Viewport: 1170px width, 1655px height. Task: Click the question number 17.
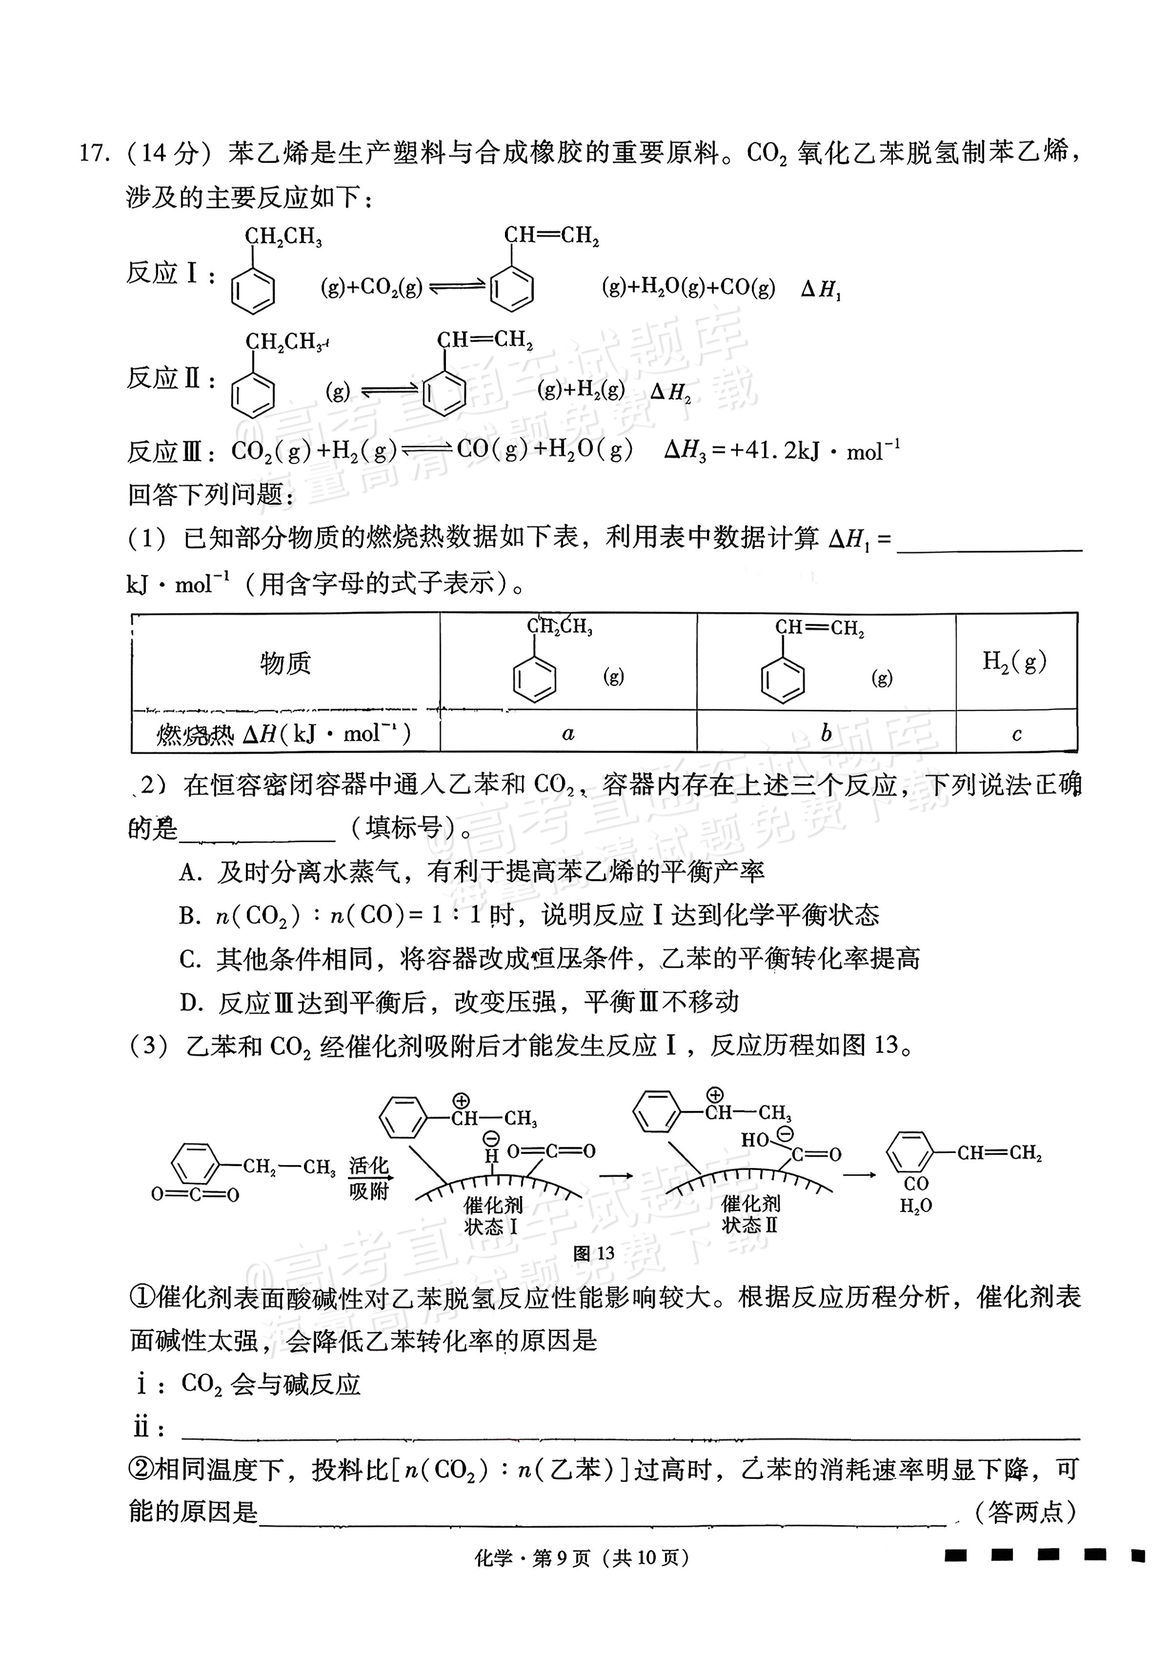(93, 154)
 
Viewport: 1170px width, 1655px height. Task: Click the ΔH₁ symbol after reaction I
(821, 290)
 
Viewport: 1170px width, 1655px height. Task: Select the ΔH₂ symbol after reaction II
(670, 392)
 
